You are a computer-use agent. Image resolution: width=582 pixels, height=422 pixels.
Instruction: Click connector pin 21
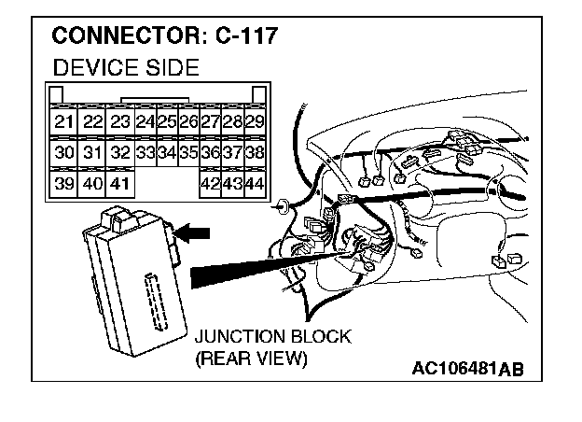coord(63,122)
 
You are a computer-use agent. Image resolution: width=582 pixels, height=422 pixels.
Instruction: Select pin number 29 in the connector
coord(254,122)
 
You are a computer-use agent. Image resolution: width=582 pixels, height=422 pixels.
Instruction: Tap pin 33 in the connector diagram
coord(145,152)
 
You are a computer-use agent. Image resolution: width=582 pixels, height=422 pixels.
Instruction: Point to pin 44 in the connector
coord(254,183)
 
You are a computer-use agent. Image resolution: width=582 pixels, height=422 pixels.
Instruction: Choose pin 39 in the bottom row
coord(63,183)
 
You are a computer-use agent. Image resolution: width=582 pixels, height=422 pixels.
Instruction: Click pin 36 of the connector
coord(211,152)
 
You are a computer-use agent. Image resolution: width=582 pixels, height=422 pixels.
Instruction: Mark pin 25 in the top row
coord(167,122)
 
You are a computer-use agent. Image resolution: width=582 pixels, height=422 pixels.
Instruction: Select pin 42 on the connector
coord(211,183)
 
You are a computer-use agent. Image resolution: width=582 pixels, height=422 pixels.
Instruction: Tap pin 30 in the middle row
coord(63,152)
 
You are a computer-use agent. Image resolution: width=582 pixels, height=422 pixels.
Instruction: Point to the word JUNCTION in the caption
coord(233,336)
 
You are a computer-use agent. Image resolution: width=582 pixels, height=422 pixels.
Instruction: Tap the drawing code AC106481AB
coord(468,368)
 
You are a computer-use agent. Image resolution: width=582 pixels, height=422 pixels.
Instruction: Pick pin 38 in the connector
coord(254,152)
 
